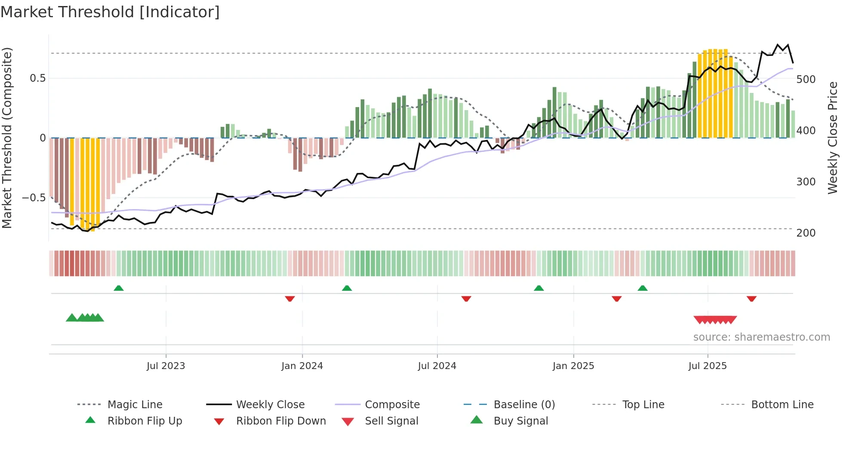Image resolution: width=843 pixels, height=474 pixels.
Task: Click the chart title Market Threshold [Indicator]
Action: coord(110,12)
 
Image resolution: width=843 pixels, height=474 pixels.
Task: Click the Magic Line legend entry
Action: coord(135,405)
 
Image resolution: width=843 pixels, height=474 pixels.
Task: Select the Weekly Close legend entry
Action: coord(270,405)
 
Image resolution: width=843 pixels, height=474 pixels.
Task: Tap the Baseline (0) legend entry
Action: coord(524,405)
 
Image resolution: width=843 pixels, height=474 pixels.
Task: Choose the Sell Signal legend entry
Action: coord(391,421)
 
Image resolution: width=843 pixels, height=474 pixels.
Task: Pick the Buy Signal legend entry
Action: coord(520,421)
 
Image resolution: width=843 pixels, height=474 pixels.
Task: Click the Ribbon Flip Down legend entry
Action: coord(281,421)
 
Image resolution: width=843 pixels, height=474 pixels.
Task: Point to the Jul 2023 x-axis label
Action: coord(166,366)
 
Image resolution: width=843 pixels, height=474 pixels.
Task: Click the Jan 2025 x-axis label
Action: coord(573,366)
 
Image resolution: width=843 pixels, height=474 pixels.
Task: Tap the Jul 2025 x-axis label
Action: coord(707,366)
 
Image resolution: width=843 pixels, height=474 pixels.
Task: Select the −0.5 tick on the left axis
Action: coord(34,198)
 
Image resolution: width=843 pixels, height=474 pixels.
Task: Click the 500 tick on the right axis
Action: coord(806,80)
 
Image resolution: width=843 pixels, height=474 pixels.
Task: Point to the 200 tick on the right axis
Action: coord(806,233)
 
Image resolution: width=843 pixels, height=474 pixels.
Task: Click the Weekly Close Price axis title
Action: coord(833,138)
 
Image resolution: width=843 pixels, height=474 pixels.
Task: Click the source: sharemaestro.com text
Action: coord(761,337)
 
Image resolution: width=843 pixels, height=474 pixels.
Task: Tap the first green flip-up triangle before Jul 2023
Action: coord(119,288)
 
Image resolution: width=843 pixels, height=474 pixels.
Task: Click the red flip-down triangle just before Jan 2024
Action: coord(290,299)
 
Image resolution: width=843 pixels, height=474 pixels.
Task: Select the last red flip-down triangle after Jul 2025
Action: coord(751,299)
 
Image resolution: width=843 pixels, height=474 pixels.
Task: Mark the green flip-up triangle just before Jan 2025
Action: coord(538,288)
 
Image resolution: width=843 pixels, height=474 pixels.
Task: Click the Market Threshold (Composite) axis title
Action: coord(7,138)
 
